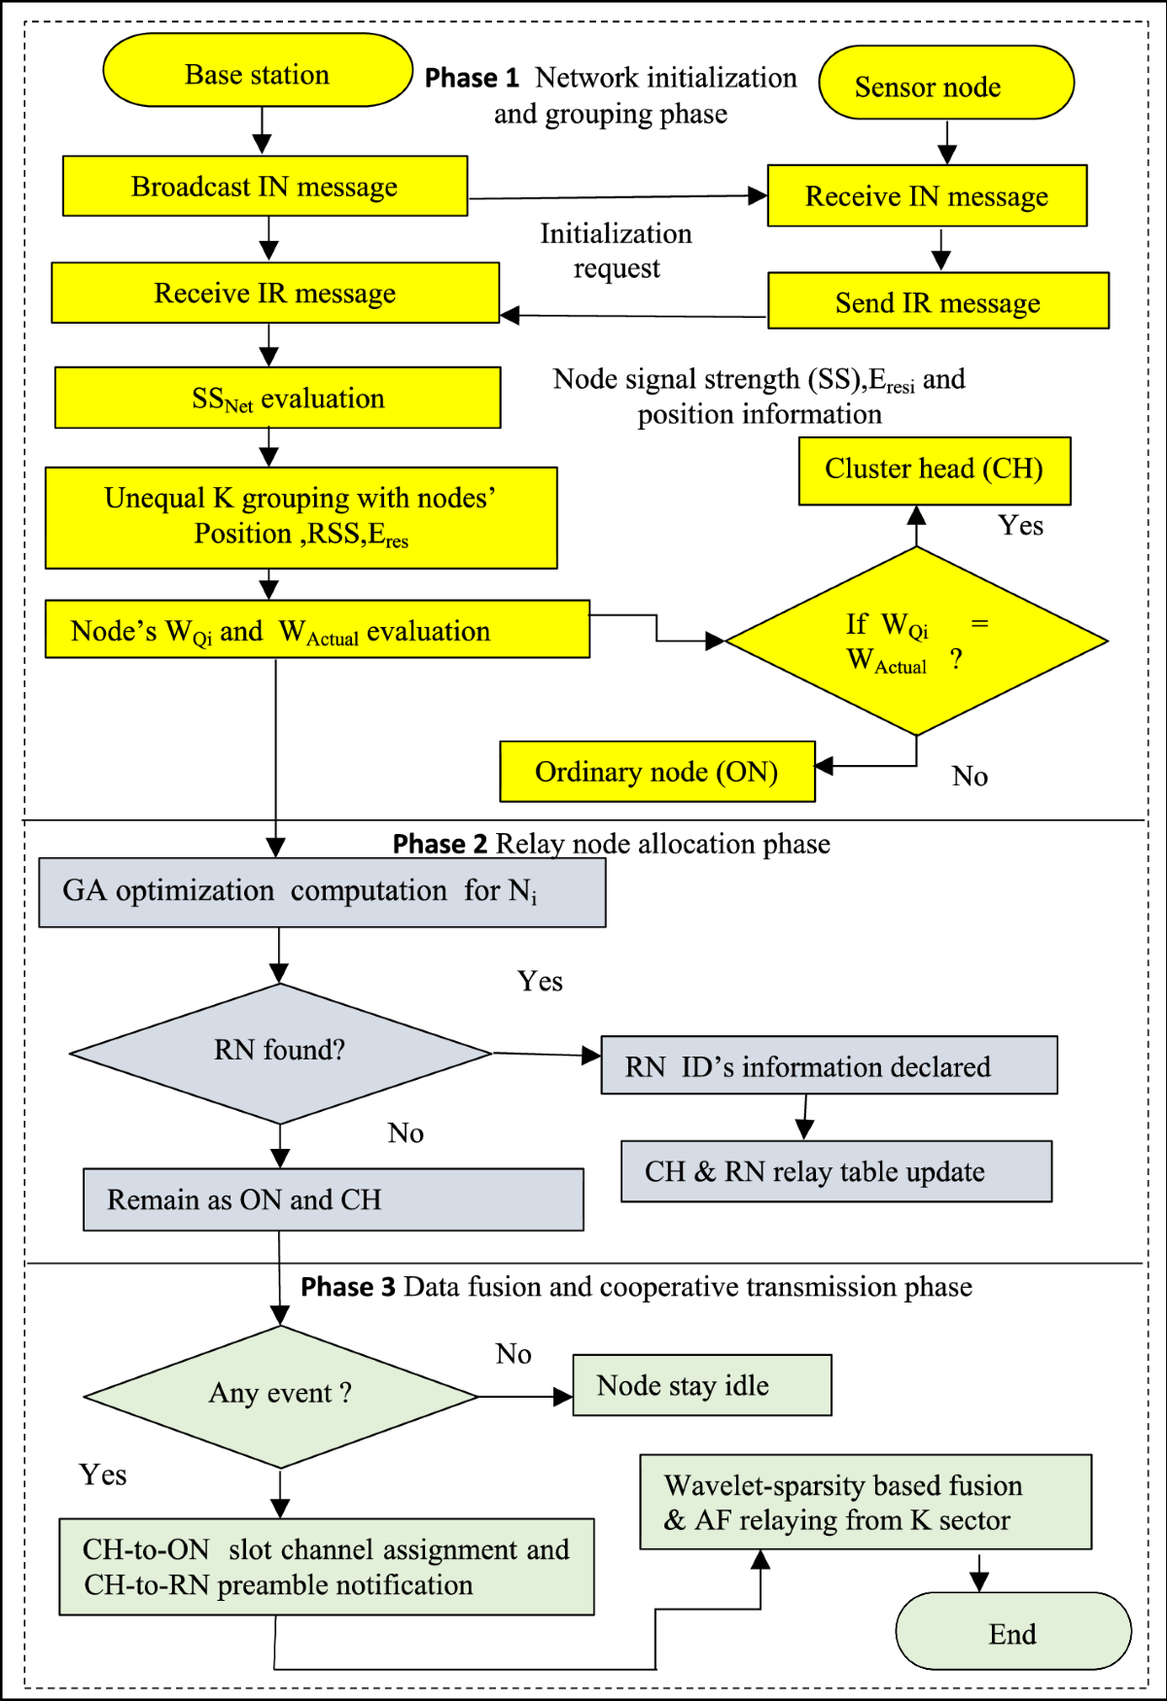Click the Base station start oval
tap(258, 71)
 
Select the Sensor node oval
tap(945, 84)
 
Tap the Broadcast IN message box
tap(265, 186)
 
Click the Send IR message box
tap(937, 301)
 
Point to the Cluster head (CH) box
tap(934, 470)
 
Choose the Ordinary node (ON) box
tap(656, 772)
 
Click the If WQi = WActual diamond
tap(915, 642)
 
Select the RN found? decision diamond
tap(280, 1053)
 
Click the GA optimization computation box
tap(321, 891)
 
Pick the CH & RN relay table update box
tap(835, 1171)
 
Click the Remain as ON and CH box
tap(333, 1199)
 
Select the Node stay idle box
tap(701, 1385)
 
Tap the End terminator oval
tap(1012, 1632)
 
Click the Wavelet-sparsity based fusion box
tap(865, 1502)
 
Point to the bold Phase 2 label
tap(440, 844)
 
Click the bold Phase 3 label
tap(347, 1287)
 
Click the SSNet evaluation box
tap(277, 398)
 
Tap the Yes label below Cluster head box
tap(1020, 526)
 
